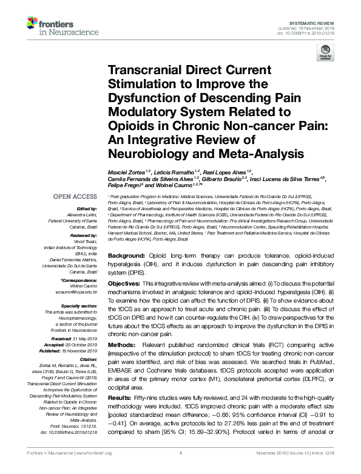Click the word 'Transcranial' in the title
(141, 70)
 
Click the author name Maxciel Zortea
(127, 171)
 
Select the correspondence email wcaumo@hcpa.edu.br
(76, 292)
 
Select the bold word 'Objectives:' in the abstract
(128, 284)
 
